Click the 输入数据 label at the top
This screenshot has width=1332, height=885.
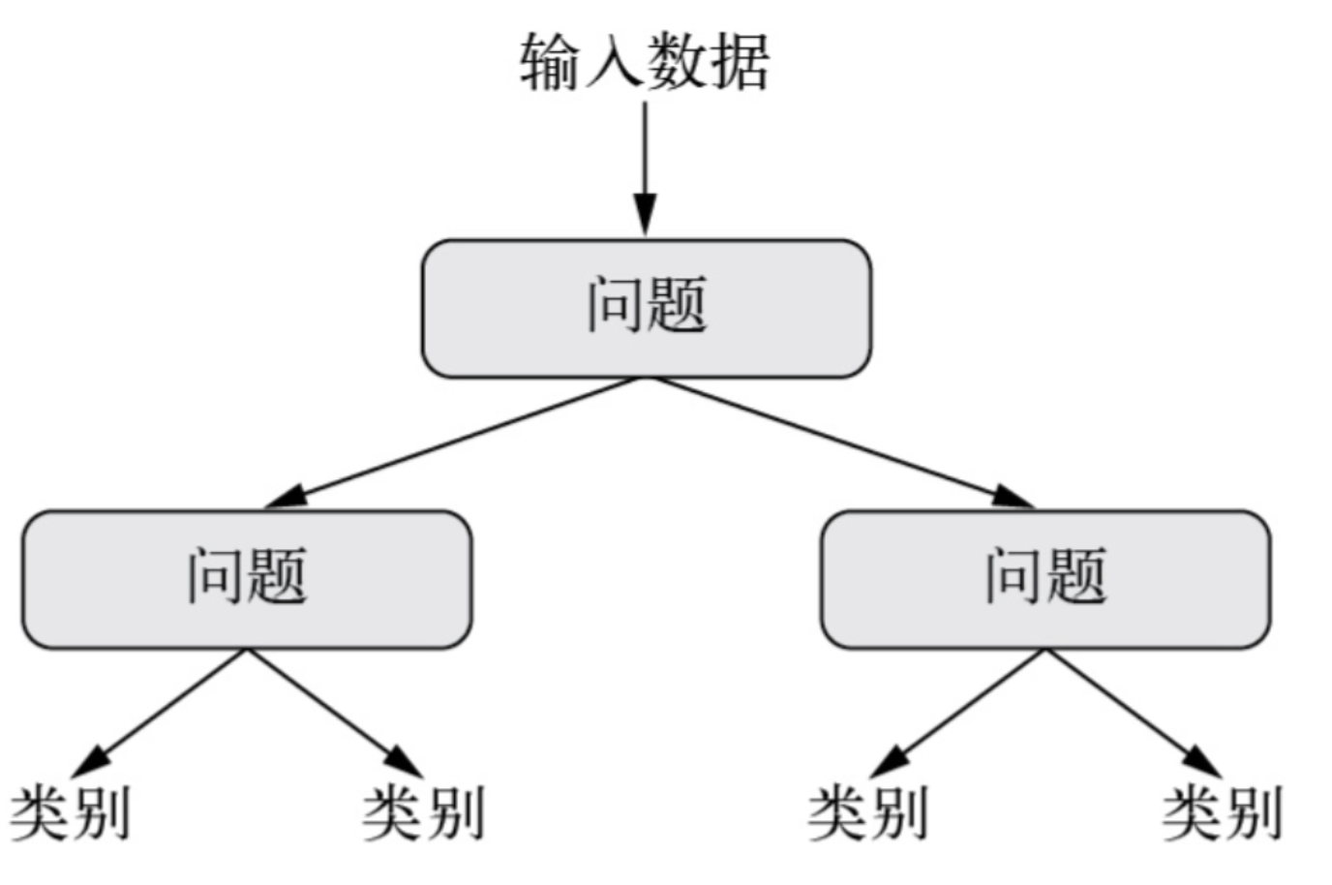[645, 62]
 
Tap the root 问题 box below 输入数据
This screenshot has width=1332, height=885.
[646, 308]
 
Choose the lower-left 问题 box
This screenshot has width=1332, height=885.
[247, 579]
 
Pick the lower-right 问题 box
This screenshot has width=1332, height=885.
[1045, 579]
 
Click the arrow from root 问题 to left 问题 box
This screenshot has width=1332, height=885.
[455, 442]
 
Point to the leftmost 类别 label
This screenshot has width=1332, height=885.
[70, 813]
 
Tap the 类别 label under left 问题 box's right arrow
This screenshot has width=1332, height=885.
[424, 813]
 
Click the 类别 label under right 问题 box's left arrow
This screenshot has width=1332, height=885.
[868, 813]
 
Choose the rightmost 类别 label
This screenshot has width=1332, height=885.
[1223, 813]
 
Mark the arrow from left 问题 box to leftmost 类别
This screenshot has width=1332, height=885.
[165, 711]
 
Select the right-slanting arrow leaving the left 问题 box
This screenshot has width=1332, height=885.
[334, 711]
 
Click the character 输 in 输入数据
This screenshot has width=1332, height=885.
[551, 62]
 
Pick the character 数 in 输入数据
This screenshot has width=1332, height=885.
[677, 62]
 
